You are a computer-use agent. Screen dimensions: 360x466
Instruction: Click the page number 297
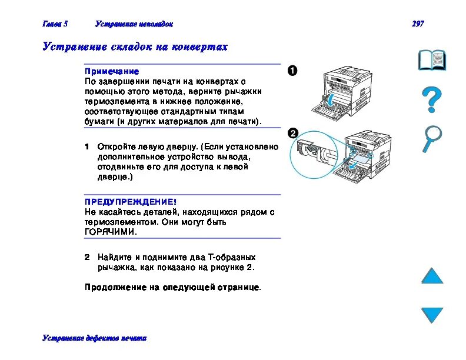coord(417,24)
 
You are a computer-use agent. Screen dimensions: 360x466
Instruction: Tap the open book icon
coord(432,61)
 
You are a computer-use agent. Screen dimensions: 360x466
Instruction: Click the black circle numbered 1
coord(292,71)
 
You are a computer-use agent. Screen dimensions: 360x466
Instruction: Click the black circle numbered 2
coord(292,133)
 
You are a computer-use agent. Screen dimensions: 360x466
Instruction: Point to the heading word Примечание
coord(112,71)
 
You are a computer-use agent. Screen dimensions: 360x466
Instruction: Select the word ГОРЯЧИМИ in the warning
coord(111,232)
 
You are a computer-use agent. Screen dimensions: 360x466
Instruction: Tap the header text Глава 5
coord(55,24)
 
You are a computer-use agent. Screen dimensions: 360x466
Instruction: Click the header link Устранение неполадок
coord(134,24)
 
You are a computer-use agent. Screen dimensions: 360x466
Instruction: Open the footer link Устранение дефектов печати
coord(94,338)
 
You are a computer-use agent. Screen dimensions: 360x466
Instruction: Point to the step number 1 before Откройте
coord(86,146)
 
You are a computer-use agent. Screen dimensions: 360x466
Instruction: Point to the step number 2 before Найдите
coord(86,257)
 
